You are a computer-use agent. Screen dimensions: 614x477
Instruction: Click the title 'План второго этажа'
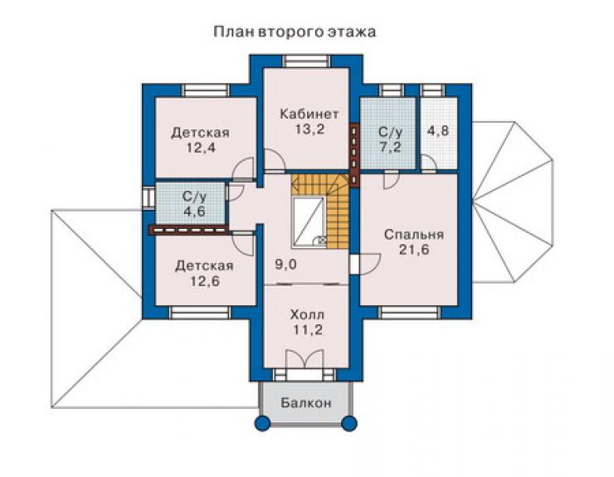(295, 32)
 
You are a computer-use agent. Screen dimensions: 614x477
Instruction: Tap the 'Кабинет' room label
(309, 114)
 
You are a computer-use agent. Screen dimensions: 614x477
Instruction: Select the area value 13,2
(309, 129)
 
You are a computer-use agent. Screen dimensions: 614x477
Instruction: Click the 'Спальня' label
(414, 234)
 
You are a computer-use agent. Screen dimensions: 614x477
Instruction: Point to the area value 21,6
(414, 250)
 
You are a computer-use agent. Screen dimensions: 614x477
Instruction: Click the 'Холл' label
(307, 314)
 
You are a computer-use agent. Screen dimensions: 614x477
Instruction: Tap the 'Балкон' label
(306, 402)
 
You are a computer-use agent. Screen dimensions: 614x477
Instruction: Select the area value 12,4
(201, 148)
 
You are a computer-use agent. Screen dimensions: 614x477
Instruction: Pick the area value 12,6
(205, 281)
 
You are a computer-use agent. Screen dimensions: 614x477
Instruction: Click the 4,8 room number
(438, 130)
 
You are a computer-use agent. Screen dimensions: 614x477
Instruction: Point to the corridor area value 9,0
(286, 265)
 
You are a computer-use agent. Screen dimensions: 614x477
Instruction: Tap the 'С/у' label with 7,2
(391, 132)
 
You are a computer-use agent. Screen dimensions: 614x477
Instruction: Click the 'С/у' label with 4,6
(194, 197)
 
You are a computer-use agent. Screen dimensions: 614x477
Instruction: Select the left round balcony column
(262, 423)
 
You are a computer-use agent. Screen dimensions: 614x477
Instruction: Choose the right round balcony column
(348, 423)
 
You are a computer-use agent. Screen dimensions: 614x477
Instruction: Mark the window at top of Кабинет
(307, 61)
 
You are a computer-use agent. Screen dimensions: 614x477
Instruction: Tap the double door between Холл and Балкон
(305, 358)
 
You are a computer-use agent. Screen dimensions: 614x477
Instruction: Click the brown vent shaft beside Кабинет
(354, 154)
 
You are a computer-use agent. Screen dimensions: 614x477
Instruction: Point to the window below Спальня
(410, 313)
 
